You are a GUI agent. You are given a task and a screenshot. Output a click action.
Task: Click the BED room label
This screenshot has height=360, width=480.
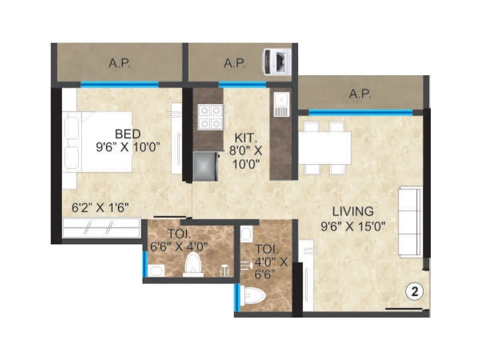tap(128, 133)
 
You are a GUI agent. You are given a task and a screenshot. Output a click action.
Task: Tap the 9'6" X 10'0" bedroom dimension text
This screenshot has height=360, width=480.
tap(128, 147)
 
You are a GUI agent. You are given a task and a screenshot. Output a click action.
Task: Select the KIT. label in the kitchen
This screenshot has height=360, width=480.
tap(245, 138)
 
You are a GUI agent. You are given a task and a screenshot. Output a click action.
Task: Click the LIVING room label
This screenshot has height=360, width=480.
tap(353, 211)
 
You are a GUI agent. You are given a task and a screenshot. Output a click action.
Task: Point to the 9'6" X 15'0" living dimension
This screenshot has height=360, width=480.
tap(353, 227)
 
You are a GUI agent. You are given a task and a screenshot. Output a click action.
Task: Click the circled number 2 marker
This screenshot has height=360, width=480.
tap(414, 292)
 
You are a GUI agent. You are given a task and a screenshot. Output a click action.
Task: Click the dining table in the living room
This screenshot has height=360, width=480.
tap(325, 148)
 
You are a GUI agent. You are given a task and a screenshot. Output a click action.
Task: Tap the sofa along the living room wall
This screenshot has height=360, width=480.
tap(410, 222)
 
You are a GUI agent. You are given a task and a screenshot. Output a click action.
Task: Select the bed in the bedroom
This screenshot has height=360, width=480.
tap(100, 142)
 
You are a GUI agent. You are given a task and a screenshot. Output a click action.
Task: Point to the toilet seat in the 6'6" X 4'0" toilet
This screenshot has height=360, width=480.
tap(193, 264)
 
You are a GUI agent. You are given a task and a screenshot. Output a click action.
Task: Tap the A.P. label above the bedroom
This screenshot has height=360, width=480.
tap(120, 63)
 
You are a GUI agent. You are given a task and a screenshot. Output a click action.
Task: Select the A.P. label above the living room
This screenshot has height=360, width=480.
tap(360, 94)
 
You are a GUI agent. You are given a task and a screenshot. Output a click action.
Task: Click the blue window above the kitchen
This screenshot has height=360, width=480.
tap(242, 84)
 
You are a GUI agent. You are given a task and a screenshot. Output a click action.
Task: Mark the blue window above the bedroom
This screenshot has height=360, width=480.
tap(119, 84)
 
